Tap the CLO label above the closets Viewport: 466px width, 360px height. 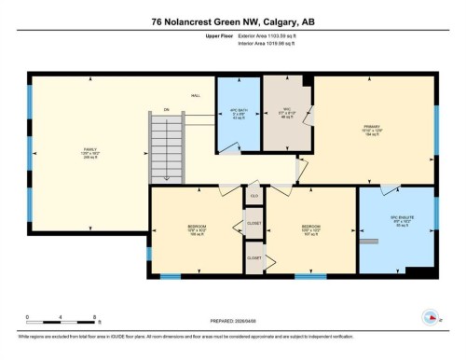point(254,197)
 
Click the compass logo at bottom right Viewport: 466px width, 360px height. point(432,316)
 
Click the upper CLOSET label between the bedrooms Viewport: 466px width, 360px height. point(254,223)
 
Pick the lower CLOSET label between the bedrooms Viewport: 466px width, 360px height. point(254,256)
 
